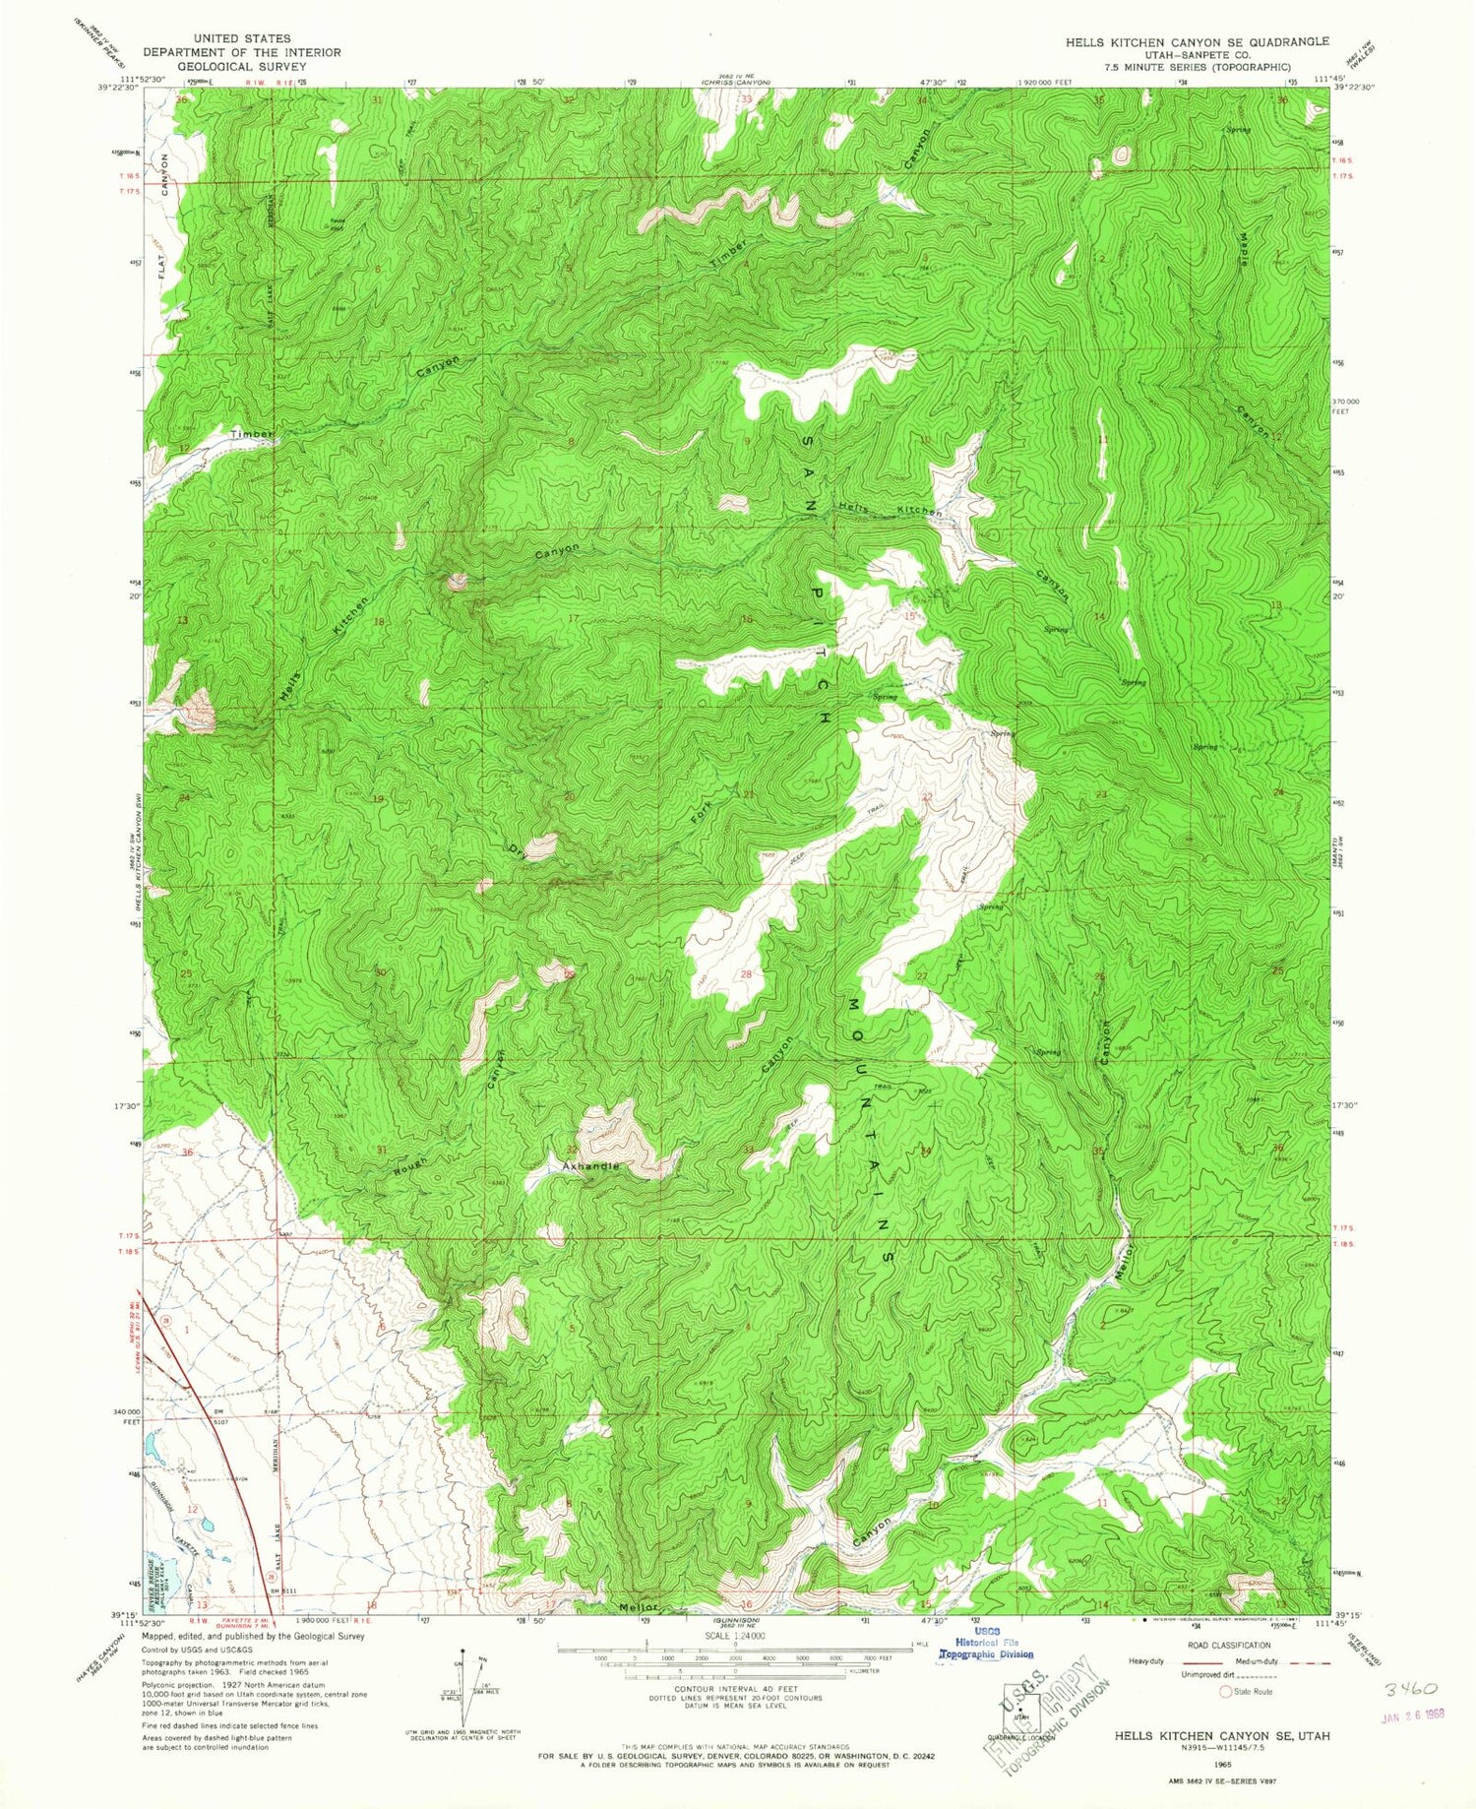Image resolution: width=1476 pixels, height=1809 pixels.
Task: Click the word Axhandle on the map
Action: (x=591, y=1166)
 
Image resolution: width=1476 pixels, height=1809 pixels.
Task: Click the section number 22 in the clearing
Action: (x=926, y=797)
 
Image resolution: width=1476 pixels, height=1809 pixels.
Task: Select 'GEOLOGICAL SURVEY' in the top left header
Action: (x=241, y=66)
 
